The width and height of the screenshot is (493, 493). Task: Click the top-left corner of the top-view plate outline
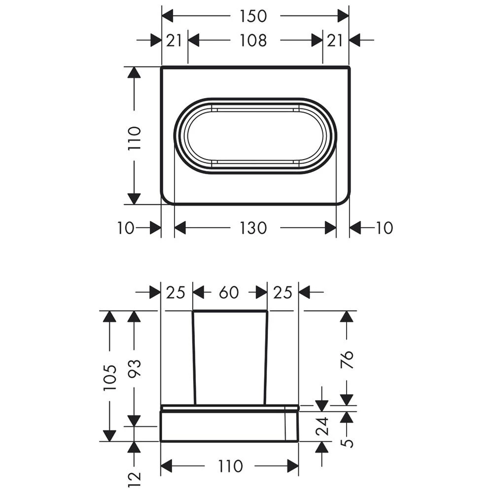(x=162, y=67)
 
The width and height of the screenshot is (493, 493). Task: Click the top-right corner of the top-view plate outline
(x=350, y=67)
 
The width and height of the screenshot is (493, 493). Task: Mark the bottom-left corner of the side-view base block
(x=161, y=441)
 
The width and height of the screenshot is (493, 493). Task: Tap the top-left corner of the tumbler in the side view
(x=193, y=311)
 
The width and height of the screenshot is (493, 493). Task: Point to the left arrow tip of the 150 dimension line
(x=162, y=16)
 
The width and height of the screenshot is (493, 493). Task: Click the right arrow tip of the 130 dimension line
(x=336, y=228)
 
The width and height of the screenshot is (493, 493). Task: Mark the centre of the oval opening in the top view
(x=255, y=136)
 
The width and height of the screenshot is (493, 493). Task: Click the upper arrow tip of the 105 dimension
(x=109, y=311)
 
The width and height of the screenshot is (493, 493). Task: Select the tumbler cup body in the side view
(x=230, y=358)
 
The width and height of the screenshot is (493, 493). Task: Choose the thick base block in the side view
(x=230, y=426)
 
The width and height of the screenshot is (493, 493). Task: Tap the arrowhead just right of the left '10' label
(x=155, y=228)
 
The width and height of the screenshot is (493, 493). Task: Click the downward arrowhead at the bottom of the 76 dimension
(x=347, y=400)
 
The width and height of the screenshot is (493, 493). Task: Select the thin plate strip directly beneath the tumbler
(x=230, y=408)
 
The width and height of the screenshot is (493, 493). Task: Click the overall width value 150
(x=253, y=16)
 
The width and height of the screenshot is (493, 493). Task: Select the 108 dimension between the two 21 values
(x=253, y=40)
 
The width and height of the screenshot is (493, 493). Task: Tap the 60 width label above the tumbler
(x=229, y=292)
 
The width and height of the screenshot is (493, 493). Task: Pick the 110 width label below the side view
(x=230, y=466)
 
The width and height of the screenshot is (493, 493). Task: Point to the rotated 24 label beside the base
(x=322, y=426)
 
